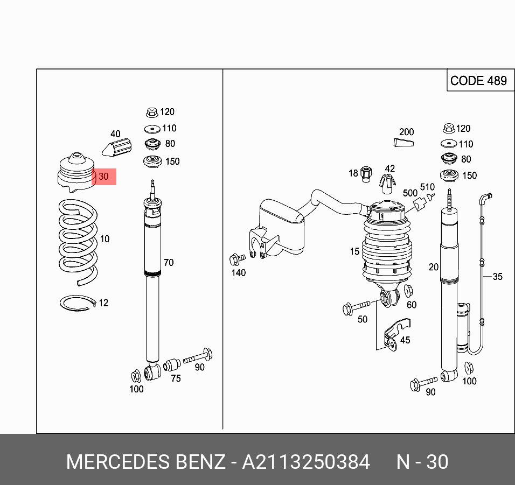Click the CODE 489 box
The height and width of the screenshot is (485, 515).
(x=478, y=81)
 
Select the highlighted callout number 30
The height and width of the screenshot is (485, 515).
(x=103, y=176)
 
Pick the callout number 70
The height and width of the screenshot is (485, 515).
(x=169, y=263)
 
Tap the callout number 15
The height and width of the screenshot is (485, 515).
(x=354, y=251)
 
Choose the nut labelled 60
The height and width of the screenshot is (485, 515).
(x=407, y=292)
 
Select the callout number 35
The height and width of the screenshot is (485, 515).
(x=497, y=277)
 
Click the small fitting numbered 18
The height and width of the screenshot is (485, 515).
(x=366, y=173)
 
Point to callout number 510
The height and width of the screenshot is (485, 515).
(x=427, y=187)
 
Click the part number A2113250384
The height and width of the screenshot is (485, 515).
(x=306, y=462)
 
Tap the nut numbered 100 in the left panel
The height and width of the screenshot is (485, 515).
(x=136, y=375)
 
